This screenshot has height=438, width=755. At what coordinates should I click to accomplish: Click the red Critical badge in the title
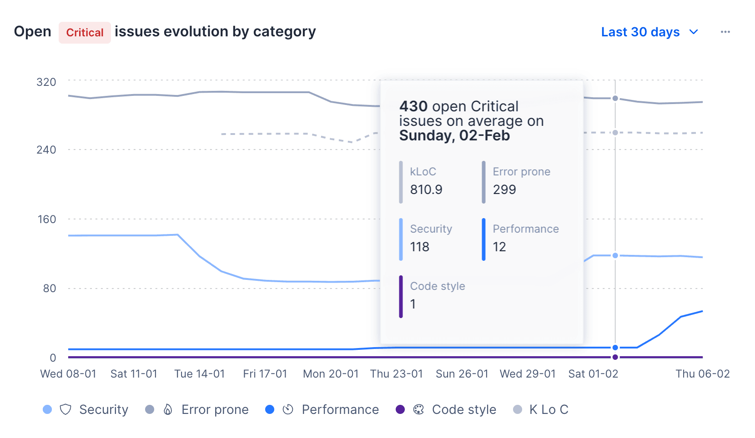[x=85, y=33]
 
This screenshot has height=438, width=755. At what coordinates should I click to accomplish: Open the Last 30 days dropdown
[x=649, y=32]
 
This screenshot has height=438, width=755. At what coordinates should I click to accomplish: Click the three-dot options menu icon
[x=725, y=32]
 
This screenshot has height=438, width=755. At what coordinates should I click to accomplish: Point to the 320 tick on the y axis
[x=46, y=82]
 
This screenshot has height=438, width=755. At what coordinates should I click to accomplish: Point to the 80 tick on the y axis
[x=50, y=289]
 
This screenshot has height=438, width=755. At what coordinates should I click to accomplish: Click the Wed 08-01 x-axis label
[x=68, y=374]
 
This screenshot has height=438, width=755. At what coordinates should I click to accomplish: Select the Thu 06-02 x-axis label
[x=702, y=374]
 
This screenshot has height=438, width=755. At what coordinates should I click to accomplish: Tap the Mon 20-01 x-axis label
[x=331, y=374]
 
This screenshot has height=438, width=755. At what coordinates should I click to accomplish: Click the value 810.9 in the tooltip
[x=426, y=189]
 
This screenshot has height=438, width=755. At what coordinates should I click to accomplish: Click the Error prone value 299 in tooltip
[x=504, y=189]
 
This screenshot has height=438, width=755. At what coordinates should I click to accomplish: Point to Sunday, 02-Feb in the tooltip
[x=454, y=136]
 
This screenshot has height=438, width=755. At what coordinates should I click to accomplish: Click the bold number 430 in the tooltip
[x=413, y=106]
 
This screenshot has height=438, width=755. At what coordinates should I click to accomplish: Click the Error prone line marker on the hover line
[x=615, y=99]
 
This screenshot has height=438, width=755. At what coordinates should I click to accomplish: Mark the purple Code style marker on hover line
[x=615, y=357]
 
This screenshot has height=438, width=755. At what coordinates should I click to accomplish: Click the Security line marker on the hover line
[x=615, y=256]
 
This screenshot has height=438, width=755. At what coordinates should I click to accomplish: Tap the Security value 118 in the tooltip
[x=419, y=247]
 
